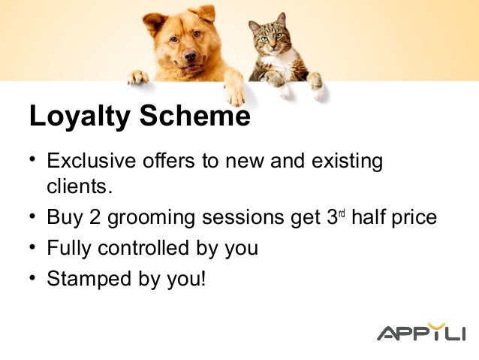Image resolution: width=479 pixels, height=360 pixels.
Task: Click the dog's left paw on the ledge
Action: [137, 77]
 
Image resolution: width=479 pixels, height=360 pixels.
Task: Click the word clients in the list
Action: [77, 185]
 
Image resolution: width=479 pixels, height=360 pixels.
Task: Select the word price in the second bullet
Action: [413, 219]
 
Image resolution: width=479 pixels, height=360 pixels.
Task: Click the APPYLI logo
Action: [420, 333]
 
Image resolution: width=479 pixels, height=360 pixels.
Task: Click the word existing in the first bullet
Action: [348, 162]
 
